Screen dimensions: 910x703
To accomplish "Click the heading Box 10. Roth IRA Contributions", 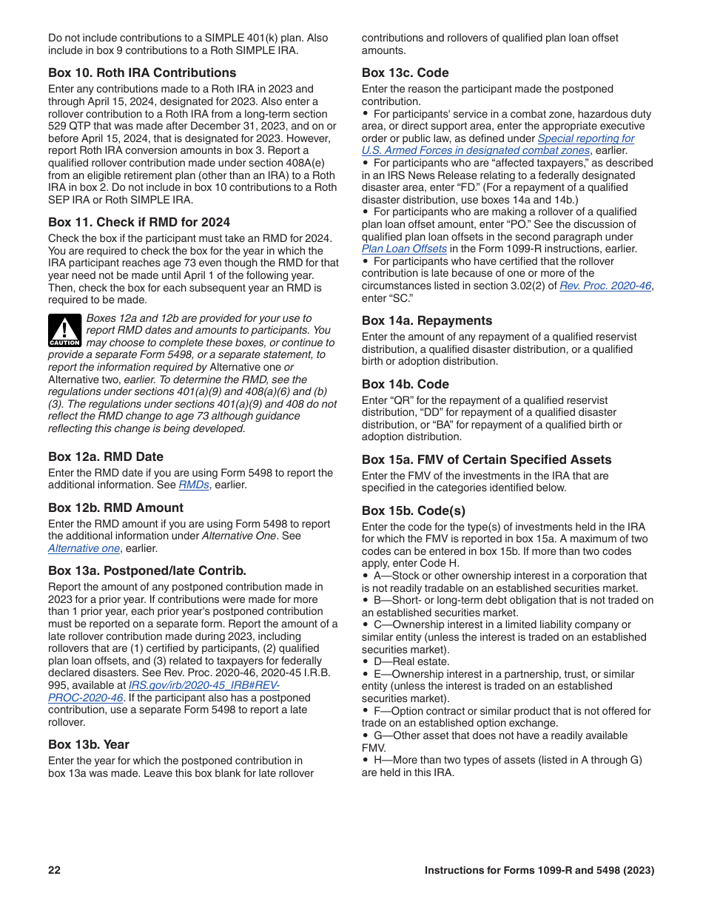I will point(142,73).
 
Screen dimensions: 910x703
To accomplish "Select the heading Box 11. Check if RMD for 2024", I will point(139,222).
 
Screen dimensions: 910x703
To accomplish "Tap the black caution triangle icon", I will point(65,331).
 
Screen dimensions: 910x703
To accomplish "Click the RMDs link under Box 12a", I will point(194,485).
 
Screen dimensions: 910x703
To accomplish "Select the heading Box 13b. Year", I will point(89,744).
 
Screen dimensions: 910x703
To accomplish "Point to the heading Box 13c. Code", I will point(405,73).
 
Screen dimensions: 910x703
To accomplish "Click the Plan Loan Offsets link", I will point(404,249).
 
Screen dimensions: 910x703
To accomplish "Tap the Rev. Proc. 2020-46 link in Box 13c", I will point(606,286).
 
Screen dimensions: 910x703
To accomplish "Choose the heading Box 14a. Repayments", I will point(427,320).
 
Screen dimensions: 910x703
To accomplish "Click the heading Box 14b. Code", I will point(405,384).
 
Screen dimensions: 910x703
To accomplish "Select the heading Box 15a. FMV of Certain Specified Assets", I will point(486,459).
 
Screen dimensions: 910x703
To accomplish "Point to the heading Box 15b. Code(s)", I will point(414,510).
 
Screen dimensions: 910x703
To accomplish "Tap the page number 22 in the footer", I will point(54,870).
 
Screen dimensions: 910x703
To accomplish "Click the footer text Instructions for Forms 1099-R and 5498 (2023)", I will point(539,870).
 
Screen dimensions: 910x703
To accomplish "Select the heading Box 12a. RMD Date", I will point(106,456).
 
